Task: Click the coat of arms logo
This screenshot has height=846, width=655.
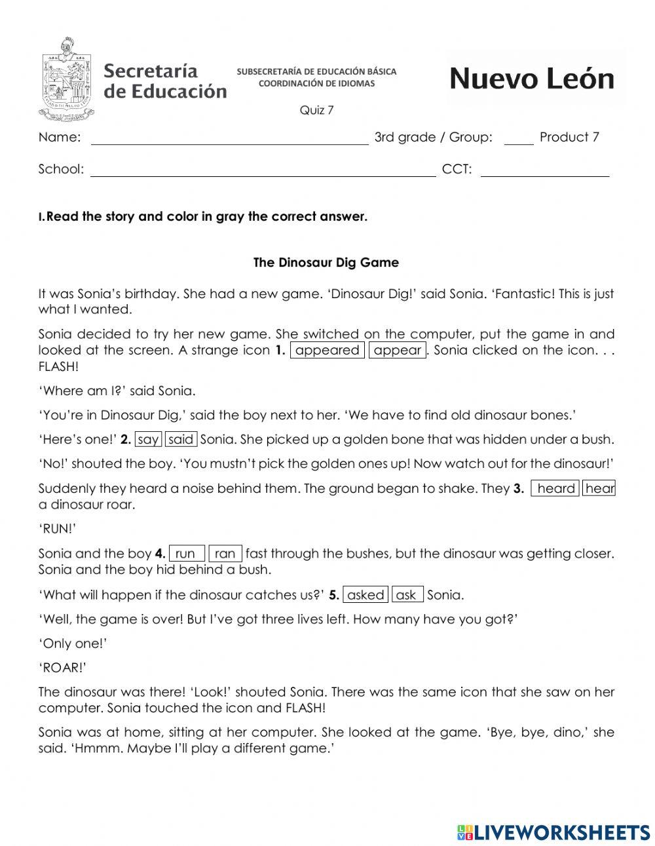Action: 66,80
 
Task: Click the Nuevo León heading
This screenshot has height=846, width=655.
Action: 532,79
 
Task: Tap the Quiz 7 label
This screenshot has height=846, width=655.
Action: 316,110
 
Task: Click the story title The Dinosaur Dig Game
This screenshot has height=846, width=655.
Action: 326,263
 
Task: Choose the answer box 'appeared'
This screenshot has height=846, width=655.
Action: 327,350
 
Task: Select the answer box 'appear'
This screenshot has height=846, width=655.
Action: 398,350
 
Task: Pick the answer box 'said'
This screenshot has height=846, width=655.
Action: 181,440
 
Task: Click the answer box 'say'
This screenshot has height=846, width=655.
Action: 149,440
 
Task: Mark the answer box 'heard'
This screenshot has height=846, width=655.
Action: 555,489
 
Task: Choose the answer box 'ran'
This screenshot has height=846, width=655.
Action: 225,554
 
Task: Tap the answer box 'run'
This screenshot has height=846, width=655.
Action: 187,554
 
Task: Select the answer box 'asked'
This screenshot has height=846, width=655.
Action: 365,595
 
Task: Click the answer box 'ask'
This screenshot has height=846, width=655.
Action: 407,595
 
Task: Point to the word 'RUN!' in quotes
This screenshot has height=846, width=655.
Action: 58,529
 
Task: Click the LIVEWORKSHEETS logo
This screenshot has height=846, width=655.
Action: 553,832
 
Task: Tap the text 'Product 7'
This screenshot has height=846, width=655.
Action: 569,137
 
